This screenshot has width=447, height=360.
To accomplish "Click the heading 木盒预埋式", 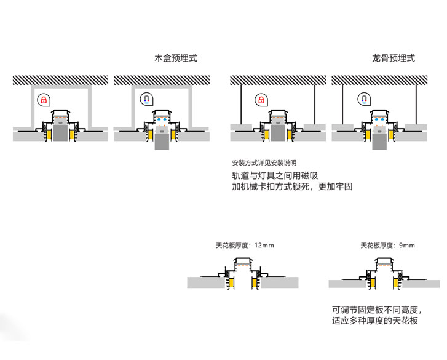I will coord(176,58).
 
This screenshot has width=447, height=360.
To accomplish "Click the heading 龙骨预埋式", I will coord(394,58).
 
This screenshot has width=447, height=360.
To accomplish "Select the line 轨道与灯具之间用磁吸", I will coord(275,175).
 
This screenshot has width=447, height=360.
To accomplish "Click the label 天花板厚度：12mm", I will coord(245,246).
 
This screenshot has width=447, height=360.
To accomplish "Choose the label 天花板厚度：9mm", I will coord(388,246).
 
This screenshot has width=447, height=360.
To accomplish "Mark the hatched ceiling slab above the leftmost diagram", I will coord(60,80).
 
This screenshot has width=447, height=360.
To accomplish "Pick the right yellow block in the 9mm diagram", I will coord(397,281).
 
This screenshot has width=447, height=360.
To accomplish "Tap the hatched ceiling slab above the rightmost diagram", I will coord(379,80).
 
